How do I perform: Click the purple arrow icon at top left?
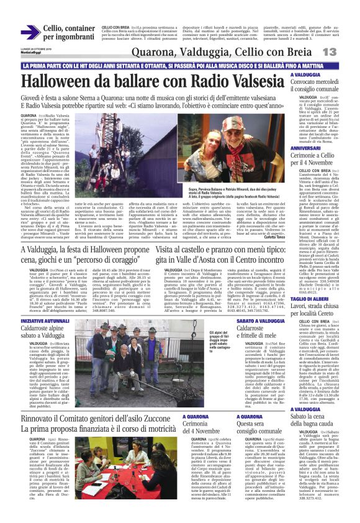(x=30, y=32)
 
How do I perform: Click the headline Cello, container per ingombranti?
(x=69, y=32)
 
